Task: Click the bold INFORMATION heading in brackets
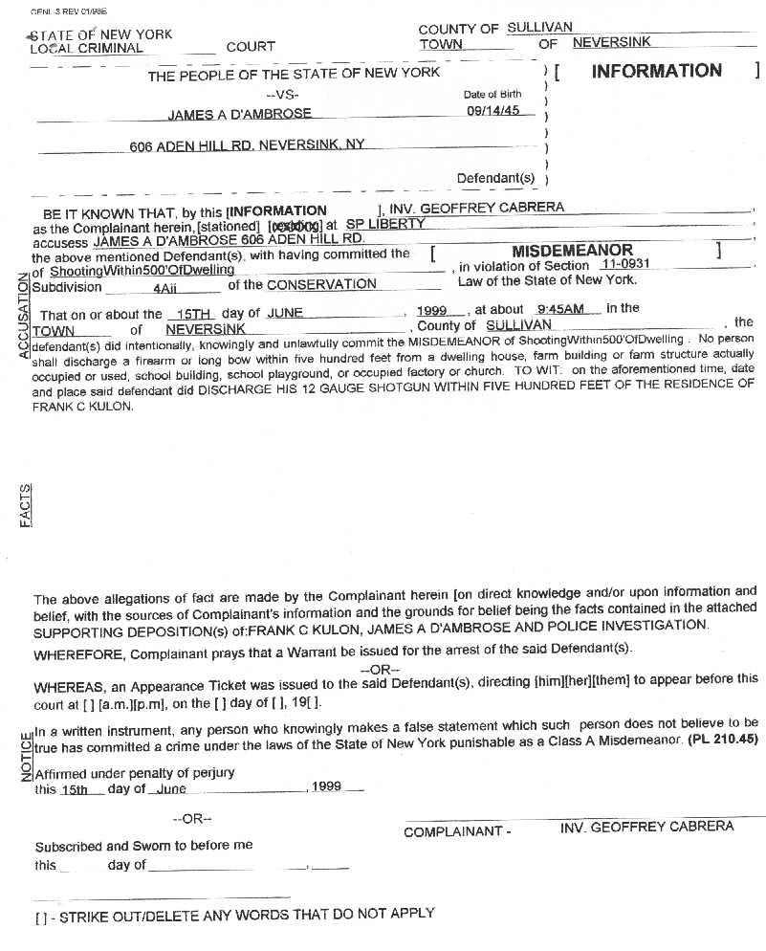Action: [656, 71]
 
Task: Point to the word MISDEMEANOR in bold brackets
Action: [572, 251]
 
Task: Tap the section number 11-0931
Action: [625, 265]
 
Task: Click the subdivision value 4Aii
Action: [167, 285]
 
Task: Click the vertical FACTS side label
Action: [25, 505]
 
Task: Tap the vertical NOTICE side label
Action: [25, 756]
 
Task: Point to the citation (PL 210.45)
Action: [722, 739]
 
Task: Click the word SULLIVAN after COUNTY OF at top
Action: [539, 29]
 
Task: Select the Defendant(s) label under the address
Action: [495, 178]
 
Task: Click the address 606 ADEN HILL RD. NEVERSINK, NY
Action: [247, 145]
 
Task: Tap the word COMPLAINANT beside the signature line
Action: [453, 831]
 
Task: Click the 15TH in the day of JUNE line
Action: [181, 314]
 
